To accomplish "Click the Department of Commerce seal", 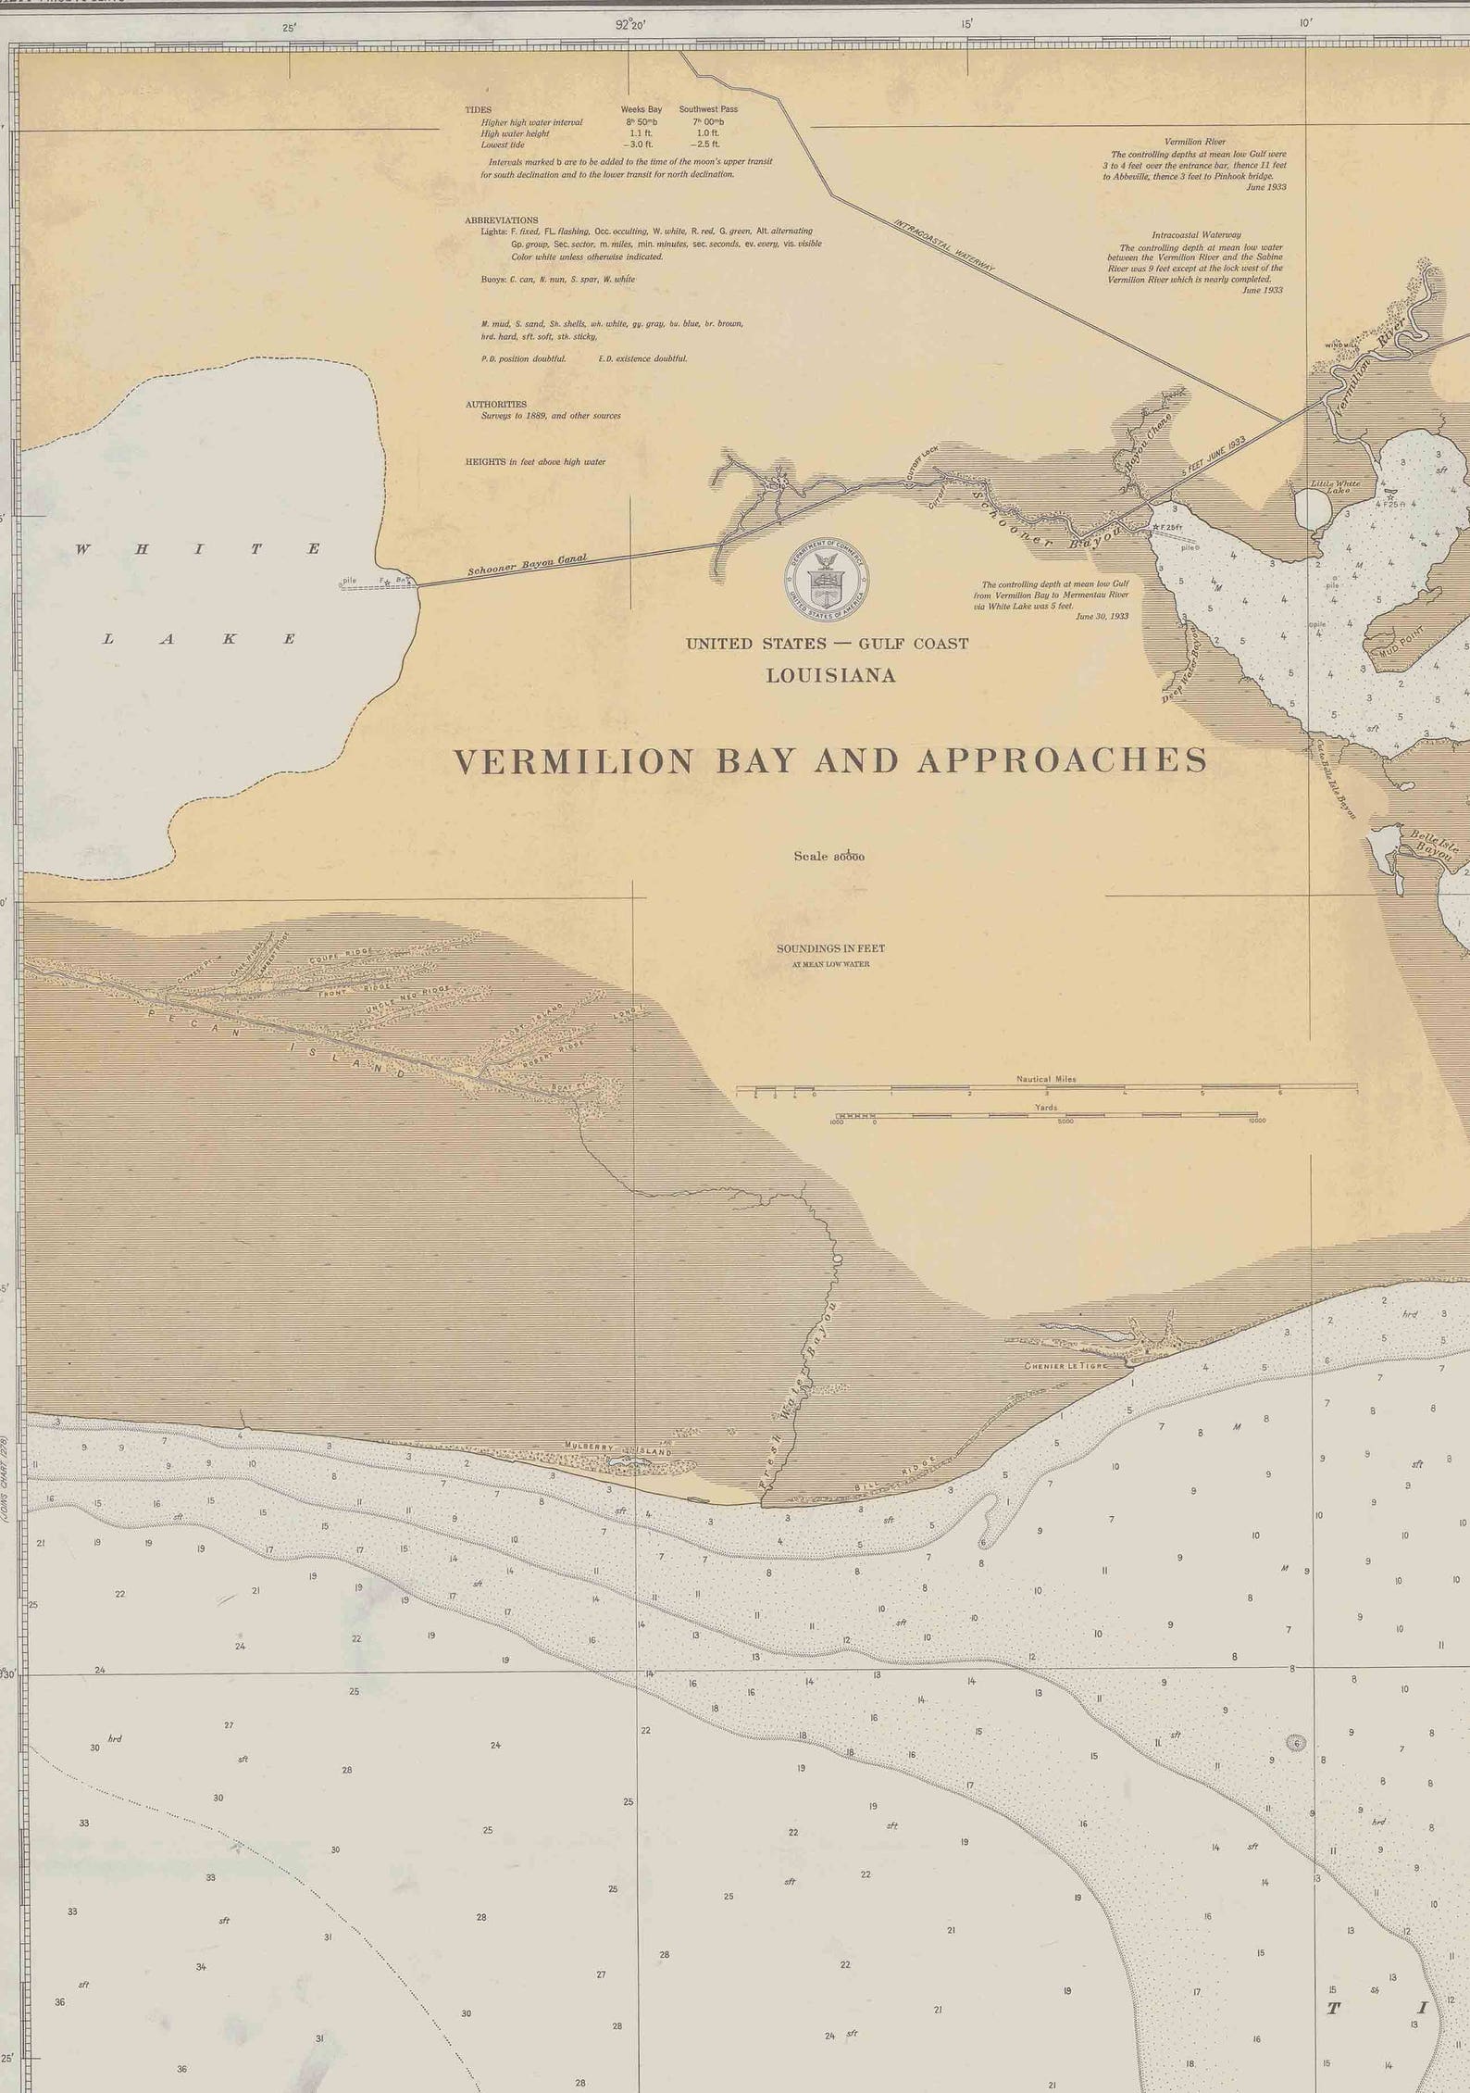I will pos(827,581).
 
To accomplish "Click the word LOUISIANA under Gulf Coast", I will pos(830,676).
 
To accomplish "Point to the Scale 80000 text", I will pos(828,857).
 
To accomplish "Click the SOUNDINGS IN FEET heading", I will pos(830,948).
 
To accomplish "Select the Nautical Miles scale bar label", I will pos(1046,1079).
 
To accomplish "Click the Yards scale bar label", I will pos(1046,1107).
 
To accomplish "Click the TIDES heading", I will pos(478,109).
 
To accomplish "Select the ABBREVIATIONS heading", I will pos(501,220).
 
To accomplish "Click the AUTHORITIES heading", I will pos(495,405).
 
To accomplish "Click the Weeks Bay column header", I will pos(641,109).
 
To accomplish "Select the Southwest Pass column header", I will pos(708,109).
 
